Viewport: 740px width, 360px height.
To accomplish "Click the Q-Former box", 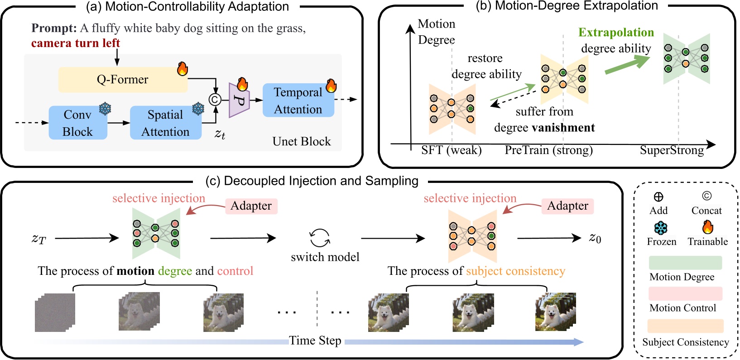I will tap(122, 80).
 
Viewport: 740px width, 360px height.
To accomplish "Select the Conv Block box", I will tap(77, 123).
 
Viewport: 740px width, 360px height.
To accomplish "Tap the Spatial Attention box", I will tap(165, 123).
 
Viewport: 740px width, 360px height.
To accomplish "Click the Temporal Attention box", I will tap(298, 101).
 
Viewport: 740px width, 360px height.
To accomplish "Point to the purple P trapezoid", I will tap(240, 100).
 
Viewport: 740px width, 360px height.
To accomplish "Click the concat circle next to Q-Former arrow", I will tap(215, 100).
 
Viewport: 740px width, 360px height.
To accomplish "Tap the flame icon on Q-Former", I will tap(182, 68).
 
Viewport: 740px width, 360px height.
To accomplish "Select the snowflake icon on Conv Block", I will tap(105, 109).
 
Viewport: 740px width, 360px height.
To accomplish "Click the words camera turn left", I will tap(76, 43).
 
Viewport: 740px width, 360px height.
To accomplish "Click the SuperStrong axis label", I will tap(672, 150).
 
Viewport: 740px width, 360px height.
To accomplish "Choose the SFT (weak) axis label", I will tap(451, 150).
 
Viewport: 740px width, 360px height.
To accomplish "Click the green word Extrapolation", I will tap(616, 33).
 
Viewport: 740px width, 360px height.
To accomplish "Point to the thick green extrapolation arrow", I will tap(627, 65).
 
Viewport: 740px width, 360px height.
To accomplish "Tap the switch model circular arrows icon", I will tap(320, 238).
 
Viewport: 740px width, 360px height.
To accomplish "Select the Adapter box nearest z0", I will tap(567, 206).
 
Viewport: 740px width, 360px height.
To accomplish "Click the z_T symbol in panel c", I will tap(39, 238).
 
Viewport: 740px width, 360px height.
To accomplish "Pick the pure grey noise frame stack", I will tap(55, 312).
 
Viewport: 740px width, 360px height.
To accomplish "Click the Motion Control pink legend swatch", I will tap(685, 293).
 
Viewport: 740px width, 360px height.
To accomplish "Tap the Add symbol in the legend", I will tap(658, 197).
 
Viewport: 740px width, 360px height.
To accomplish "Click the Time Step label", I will tap(315, 341).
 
